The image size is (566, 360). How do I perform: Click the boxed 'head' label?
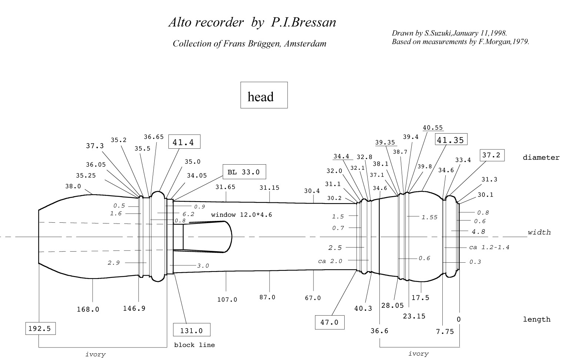pos(264,95)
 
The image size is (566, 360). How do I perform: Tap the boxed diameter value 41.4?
pos(184,141)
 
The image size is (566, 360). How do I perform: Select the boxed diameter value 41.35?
pos(451,139)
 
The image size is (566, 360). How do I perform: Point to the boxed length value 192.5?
pos(40,329)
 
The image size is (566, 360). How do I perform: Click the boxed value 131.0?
pos(192,330)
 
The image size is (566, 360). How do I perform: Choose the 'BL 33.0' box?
pos(244,172)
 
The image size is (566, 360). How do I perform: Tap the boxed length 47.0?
pos(329,322)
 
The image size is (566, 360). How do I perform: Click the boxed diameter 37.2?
pos(492,155)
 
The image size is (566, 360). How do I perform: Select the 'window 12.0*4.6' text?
pos(242,215)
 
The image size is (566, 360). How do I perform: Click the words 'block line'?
pos(194,345)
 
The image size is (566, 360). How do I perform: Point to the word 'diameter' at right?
pos(541,157)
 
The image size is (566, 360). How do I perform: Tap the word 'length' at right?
pos(537,319)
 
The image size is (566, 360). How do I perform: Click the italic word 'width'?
pos(539,232)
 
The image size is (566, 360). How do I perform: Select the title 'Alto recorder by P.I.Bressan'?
pos(252,22)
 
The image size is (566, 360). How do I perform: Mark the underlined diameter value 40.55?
pos(433,128)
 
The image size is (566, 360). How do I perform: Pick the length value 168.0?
pos(88,309)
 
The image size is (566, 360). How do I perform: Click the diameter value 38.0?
pos(73,186)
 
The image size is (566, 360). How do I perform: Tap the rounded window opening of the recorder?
pos(207,237)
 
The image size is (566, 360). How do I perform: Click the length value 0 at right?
pos(459,319)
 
